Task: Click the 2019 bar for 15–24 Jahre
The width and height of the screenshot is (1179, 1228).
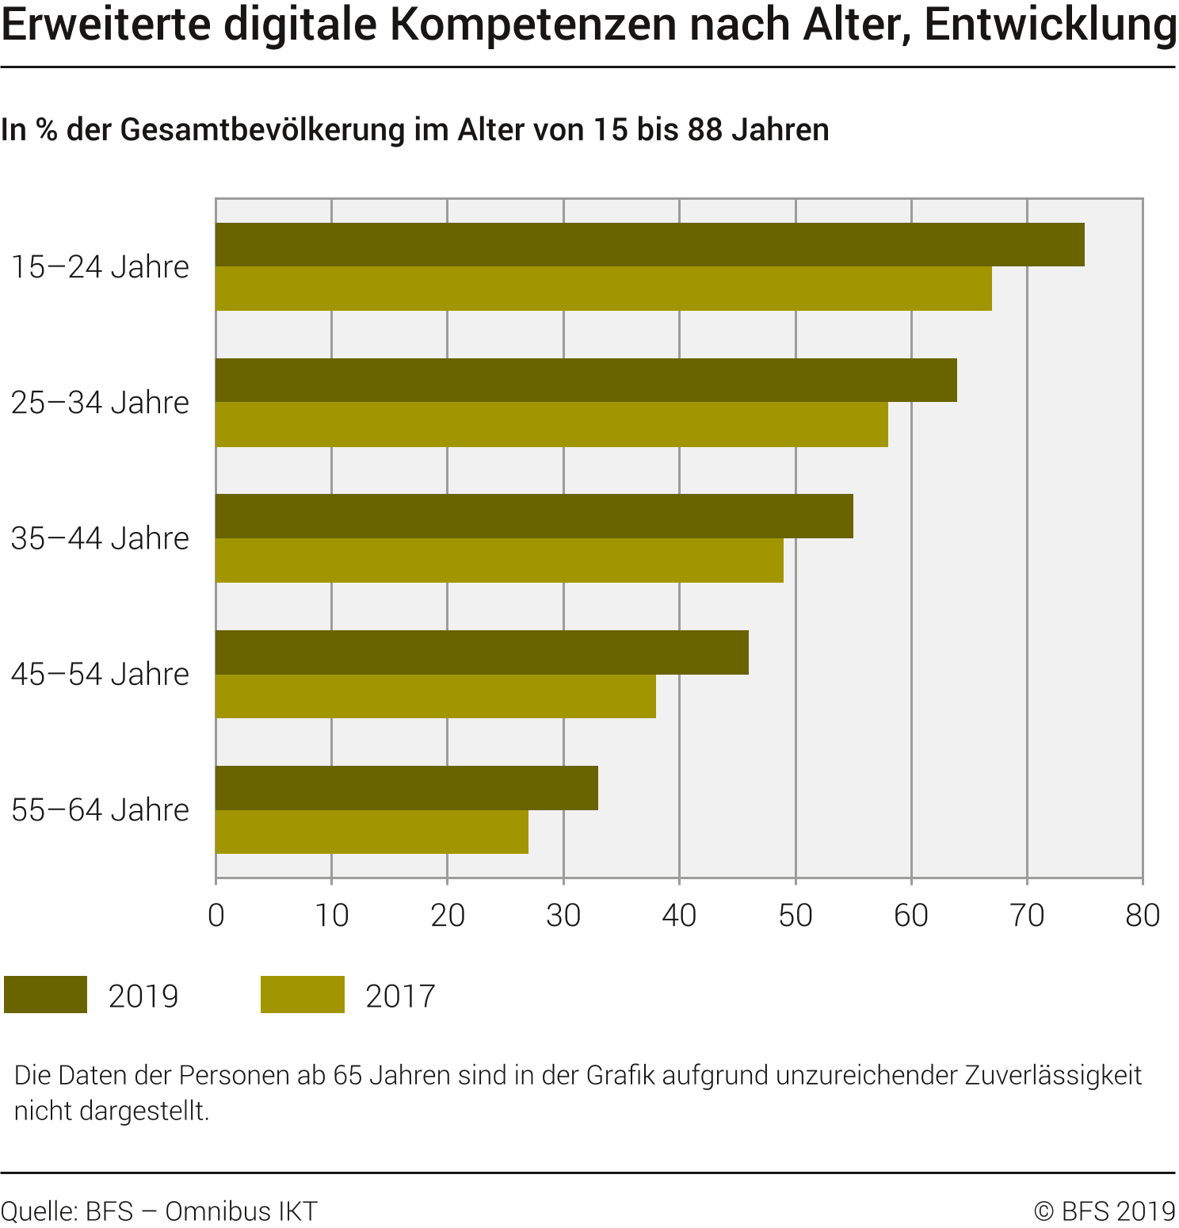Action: pyautogui.click(x=650, y=244)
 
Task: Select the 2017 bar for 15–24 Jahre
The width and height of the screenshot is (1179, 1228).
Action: pyautogui.click(x=603, y=289)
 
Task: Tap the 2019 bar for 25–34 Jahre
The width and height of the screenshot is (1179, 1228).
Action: pyautogui.click(x=586, y=381)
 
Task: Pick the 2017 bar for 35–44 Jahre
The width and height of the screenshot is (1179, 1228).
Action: pyautogui.click(x=499, y=560)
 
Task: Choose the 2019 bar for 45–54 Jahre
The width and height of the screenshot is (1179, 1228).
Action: pyautogui.click(x=482, y=652)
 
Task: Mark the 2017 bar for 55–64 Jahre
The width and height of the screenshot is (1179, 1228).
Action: pyautogui.click(x=372, y=832)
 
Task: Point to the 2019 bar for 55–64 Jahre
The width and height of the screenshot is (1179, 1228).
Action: pyautogui.click(x=406, y=788)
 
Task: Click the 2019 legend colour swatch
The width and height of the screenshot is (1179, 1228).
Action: pyautogui.click(x=45, y=994)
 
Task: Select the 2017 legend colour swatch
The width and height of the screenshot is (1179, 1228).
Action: pyautogui.click(x=303, y=994)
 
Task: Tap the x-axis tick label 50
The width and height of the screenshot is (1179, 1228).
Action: pyautogui.click(x=796, y=916)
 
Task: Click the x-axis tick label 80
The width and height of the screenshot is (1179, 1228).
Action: pyautogui.click(x=1143, y=916)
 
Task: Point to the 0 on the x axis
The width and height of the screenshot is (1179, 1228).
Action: pyautogui.click(x=216, y=916)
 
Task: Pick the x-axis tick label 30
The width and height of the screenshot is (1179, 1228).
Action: pyautogui.click(x=563, y=916)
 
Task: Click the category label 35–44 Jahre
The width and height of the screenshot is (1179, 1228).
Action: pyautogui.click(x=100, y=538)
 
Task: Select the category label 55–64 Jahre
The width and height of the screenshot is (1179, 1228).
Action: pyautogui.click(x=100, y=810)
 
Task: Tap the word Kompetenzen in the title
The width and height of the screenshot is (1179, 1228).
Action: pyautogui.click(x=533, y=25)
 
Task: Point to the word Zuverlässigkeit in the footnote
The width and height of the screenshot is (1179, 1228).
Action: pyautogui.click(x=1053, y=1075)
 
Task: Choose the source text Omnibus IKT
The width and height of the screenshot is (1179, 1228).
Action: pyautogui.click(x=241, y=1211)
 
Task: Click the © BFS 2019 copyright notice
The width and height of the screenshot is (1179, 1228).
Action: pyautogui.click(x=1105, y=1211)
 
